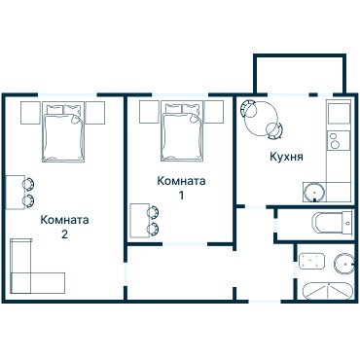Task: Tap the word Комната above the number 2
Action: pos(64,220)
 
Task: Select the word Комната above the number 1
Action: pos(181,181)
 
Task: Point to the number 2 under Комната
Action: pos(64,234)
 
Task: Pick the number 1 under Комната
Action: pos(181,196)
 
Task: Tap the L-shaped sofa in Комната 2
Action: pos(29,272)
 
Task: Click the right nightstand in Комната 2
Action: pos(95,112)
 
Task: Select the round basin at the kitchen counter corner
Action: pos(316,190)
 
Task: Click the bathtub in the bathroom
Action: pos(325,290)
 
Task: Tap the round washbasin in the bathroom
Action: pos(342,262)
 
